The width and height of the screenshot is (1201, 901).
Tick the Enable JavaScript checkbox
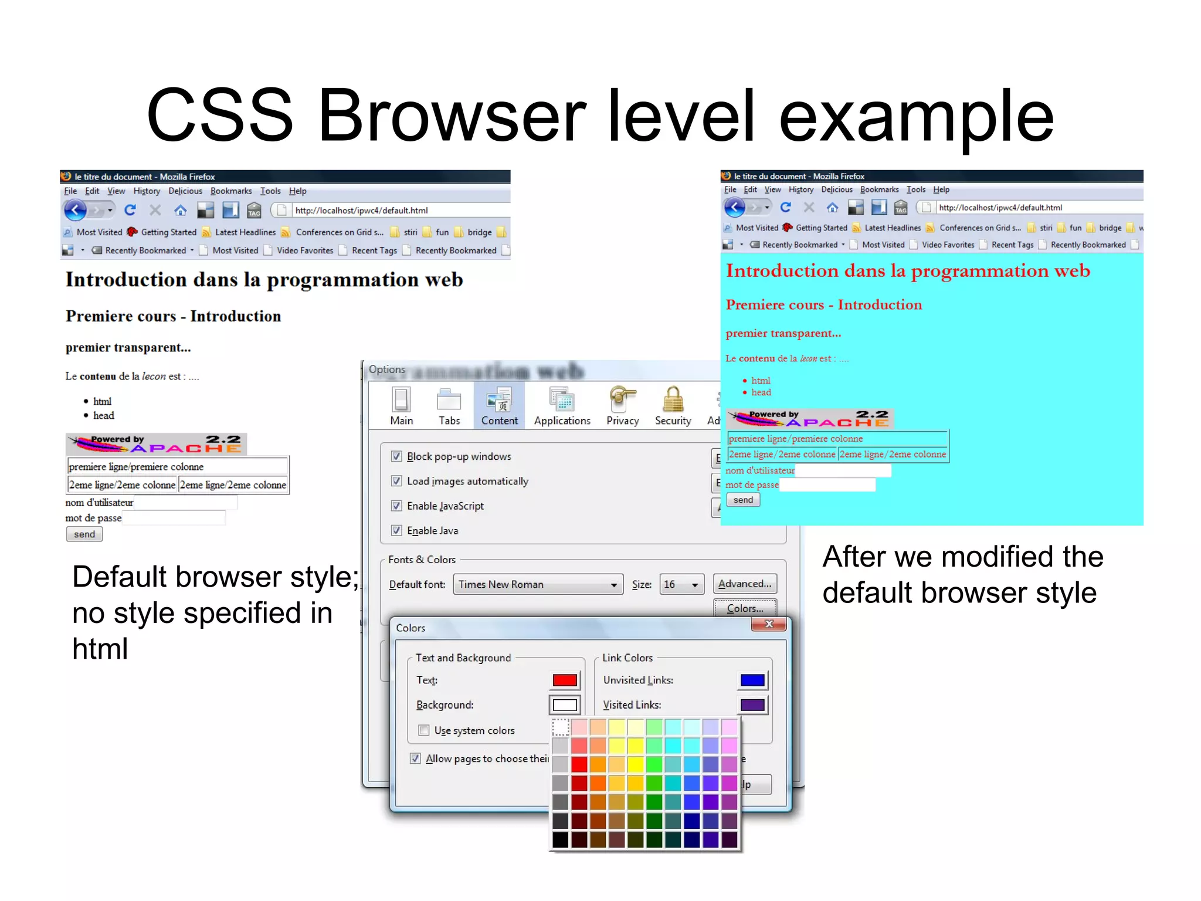(x=396, y=506)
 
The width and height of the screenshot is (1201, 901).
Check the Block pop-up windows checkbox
(x=396, y=456)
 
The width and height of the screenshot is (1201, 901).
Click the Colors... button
(x=745, y=608)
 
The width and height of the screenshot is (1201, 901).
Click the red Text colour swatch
(x=565, y=680)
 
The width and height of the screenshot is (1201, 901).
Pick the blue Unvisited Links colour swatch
(x=752, y=680)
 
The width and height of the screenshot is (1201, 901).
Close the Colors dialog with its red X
(x=769, y=624)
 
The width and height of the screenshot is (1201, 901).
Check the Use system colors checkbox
(x=423, y=730)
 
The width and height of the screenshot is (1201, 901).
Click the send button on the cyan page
(x=743, y=500)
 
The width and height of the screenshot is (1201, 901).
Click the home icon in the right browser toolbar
(x=832, y=207)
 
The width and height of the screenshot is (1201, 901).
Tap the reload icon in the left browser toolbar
(x=130, y=210)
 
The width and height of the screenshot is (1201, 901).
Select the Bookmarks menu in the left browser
(x=230, y=191)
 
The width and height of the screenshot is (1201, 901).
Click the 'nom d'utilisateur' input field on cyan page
(x=843, y=470)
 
